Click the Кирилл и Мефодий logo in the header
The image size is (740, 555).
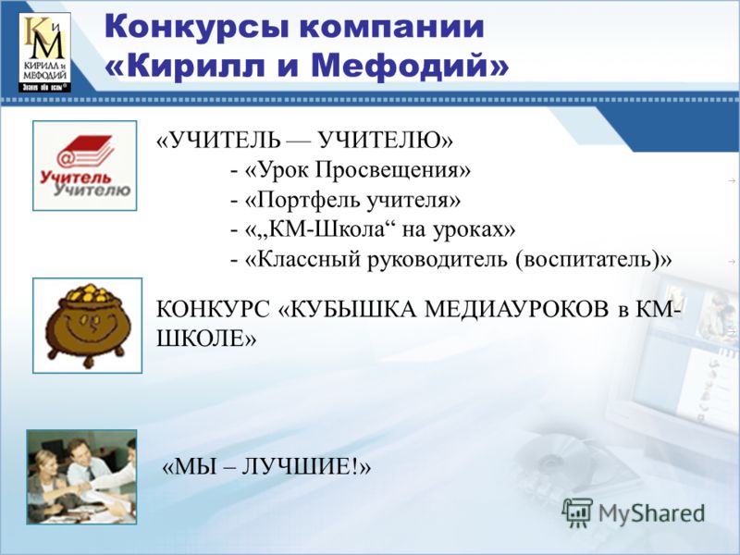point(44,52)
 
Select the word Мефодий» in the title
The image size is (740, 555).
point(410,65)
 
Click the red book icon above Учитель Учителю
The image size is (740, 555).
point(86,152)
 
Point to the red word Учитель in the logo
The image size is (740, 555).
point(75,178)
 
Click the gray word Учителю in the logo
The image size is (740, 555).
point(92,190)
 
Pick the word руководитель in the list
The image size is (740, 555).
point(438,260)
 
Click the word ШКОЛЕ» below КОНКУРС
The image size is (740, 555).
point(206,339)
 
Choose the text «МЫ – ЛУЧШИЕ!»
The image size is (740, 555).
point(266,467)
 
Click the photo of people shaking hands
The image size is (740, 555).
point(81,476)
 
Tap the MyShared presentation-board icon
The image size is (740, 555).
point(577,512)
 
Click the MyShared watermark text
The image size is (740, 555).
point(652,513)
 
